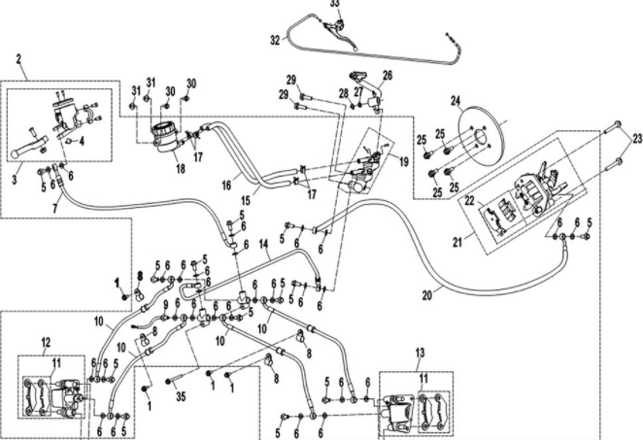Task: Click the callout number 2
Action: click(x=19, y=59)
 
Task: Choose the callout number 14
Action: click(x=266, y=251)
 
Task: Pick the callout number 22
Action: click(x=469, y=200)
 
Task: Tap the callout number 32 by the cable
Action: click(x=275, y=41)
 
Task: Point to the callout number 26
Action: click(x=387, y=74)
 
